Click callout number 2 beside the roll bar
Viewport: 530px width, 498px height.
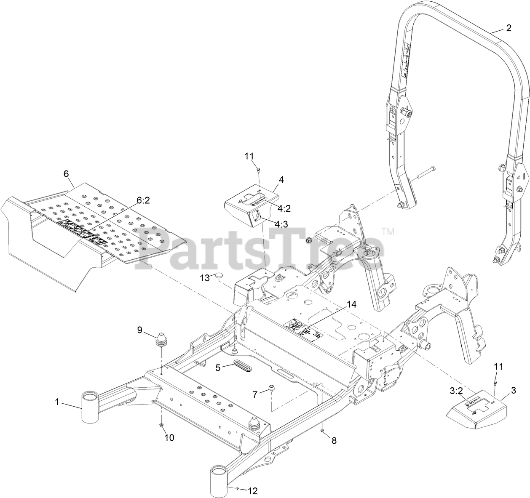click(509, 28)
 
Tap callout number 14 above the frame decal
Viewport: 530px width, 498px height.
click(351, 305)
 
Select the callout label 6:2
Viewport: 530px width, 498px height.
click(143, 201)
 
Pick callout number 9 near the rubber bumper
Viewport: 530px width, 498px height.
click(140, 319)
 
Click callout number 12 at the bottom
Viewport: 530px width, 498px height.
click(253, 490)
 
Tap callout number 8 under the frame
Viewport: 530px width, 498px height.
click(334, 441)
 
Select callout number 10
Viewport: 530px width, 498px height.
click(169, 438)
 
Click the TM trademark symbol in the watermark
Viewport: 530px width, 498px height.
click(387, 231)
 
